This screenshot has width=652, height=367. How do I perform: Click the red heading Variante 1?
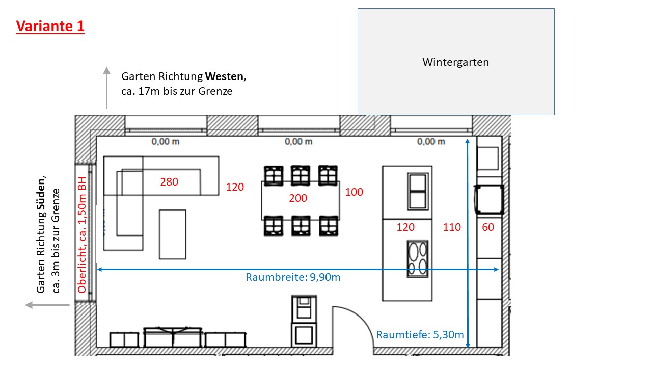[50, 26]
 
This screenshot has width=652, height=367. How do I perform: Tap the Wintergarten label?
[455, 62]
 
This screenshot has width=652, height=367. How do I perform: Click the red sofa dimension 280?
[169, 181]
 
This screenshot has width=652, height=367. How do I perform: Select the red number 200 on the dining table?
[298, 198]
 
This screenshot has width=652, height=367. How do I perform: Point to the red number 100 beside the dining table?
[354, 192]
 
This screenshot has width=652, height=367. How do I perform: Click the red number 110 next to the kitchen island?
[452, 227]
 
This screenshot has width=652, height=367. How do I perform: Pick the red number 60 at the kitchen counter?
[488, 227]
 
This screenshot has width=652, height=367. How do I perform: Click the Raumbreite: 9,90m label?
[293, 277]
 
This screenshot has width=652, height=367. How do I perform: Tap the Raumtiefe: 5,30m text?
[420, 335]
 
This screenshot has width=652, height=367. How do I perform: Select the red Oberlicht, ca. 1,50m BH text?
[82, 234]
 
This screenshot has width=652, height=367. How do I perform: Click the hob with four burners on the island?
[418, 259]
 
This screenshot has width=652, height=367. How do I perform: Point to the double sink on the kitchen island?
[418, 191]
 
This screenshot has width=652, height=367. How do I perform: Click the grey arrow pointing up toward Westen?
[106, 87]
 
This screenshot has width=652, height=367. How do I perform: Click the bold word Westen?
[225, 77]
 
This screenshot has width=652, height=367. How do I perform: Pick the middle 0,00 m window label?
[298, 142]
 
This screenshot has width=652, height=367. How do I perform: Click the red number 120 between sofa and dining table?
[235, 187]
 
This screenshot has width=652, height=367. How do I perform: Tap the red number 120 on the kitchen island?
[405, 227]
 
